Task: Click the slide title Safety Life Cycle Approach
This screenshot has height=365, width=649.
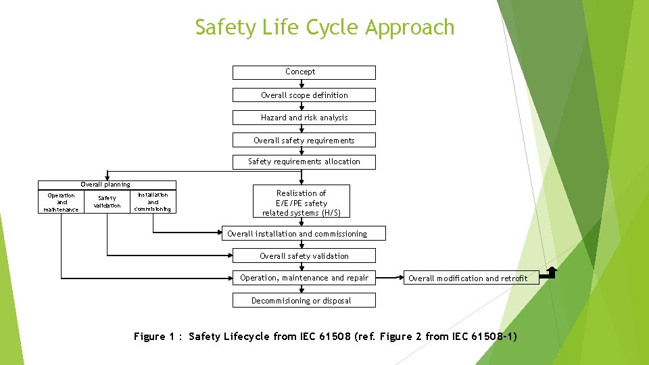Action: point(324,27)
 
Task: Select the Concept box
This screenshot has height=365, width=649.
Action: point(304,72)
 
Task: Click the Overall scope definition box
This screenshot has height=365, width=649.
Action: point(304,95)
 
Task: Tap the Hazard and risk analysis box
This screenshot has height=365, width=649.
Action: point(304,118)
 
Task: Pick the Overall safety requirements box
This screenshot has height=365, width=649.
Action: point(304,141)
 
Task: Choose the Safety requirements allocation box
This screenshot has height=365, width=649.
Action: point(304,162)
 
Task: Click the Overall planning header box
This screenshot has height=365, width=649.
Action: point(106,185)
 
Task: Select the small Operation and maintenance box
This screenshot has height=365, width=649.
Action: point(61,202)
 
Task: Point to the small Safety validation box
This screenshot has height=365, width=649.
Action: point(107,202)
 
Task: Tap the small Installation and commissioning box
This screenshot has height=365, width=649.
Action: point(153,202)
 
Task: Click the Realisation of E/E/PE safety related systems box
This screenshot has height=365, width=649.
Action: point(302,203)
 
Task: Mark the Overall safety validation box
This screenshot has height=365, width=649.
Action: point(304,256)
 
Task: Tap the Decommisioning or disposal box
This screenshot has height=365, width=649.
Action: point(304,301)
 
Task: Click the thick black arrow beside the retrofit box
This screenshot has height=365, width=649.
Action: point(550,272)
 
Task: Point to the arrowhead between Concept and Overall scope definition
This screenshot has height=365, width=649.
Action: point(302,85)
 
